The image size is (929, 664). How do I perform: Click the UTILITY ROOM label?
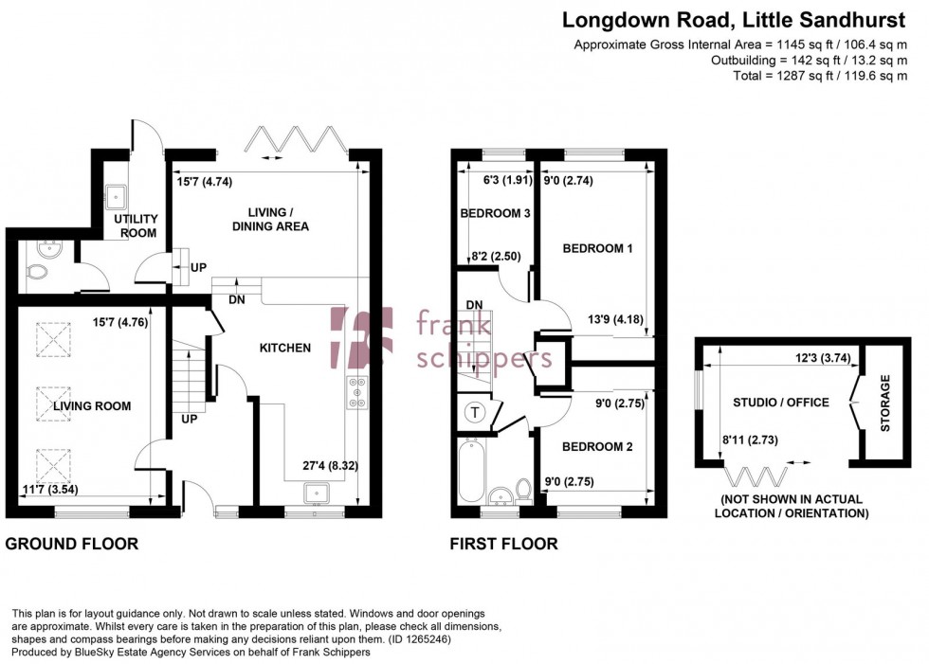[x=136, y=225]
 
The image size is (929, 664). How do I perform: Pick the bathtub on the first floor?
[x=471, y=470]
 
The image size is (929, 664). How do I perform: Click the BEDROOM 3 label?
[x=494, y=213]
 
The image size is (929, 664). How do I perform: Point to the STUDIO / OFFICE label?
[x=780, y=403]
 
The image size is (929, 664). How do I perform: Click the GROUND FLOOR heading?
[x=72, y=544]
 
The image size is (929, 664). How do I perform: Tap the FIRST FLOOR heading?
[x=503, y=544]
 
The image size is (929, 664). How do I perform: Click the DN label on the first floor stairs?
[x=475, y=305]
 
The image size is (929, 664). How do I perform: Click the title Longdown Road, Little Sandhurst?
[x=735, y=19]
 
